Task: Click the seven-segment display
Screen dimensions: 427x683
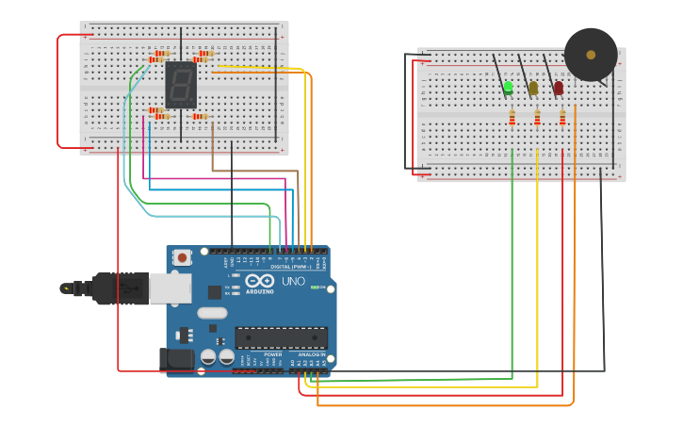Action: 180,85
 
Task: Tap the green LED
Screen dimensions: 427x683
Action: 508,87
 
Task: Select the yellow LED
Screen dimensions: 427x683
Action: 533,88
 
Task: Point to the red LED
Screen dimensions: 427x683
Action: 558,88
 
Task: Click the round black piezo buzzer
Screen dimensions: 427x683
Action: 591,55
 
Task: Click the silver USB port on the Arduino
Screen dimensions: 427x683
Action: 171,288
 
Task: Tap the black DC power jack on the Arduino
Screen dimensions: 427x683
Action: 176,358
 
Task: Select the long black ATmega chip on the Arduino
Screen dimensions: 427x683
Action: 281,337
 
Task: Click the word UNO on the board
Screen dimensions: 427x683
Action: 293,281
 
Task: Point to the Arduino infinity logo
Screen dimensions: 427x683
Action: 259,281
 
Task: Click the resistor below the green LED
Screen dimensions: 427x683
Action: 512,118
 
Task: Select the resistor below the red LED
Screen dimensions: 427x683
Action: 562,118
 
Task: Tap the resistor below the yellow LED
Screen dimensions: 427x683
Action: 537,118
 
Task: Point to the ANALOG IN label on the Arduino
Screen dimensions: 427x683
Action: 312,354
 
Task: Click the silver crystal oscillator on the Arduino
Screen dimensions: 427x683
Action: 212,313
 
